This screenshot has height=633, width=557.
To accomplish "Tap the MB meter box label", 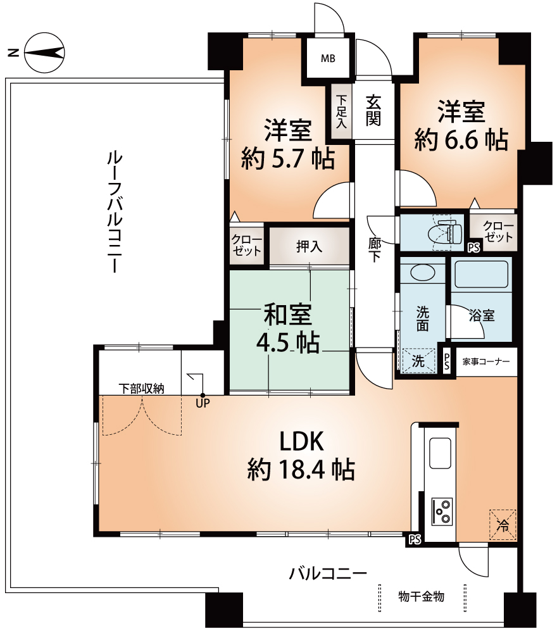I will tap(327, 59).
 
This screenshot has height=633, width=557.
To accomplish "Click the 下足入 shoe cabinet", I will tap(342, 112).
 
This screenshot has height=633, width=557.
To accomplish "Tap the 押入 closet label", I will tap(310, 246).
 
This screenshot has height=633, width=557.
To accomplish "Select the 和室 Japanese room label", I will tap(289, 314).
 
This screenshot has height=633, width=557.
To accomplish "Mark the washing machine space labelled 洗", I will tap(419, 361).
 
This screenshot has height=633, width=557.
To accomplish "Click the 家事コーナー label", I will tap(485, 362).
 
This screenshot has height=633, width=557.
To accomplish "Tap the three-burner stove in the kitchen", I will tap(442, 510).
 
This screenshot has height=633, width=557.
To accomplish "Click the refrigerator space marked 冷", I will tap(503, 524).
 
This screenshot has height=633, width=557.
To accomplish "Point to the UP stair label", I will tap(203, 401).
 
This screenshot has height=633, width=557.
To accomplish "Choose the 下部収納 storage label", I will tap(142, 388).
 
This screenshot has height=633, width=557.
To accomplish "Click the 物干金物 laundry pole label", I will tap(421, 596).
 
